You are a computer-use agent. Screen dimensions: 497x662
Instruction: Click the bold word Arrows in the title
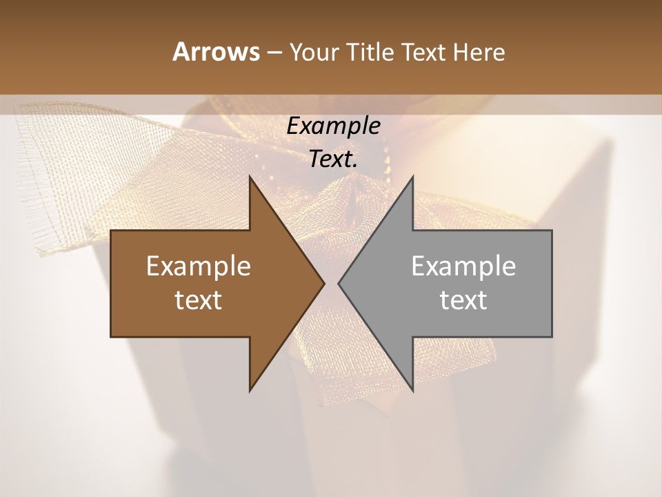pos(215,52)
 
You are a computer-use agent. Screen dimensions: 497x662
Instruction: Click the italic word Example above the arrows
pos(333,126)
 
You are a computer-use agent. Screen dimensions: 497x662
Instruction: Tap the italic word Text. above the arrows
pos(333,159)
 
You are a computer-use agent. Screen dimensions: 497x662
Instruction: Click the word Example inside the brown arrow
pos(199,266)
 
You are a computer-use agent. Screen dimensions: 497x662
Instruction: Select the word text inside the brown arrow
pos(199,300)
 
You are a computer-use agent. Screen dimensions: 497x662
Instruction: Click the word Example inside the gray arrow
pos(463,266)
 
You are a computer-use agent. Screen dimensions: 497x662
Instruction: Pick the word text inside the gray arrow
pos(463,300)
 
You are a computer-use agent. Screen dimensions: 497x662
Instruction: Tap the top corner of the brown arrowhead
pos(250,177)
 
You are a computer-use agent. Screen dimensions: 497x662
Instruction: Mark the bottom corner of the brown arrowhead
pos(250,390)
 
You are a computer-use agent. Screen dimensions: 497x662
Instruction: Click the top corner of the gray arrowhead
pos(412,177)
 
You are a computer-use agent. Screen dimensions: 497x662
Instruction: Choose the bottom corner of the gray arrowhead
pos(412,390)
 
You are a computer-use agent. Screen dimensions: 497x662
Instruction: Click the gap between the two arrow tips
pos(331,283)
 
